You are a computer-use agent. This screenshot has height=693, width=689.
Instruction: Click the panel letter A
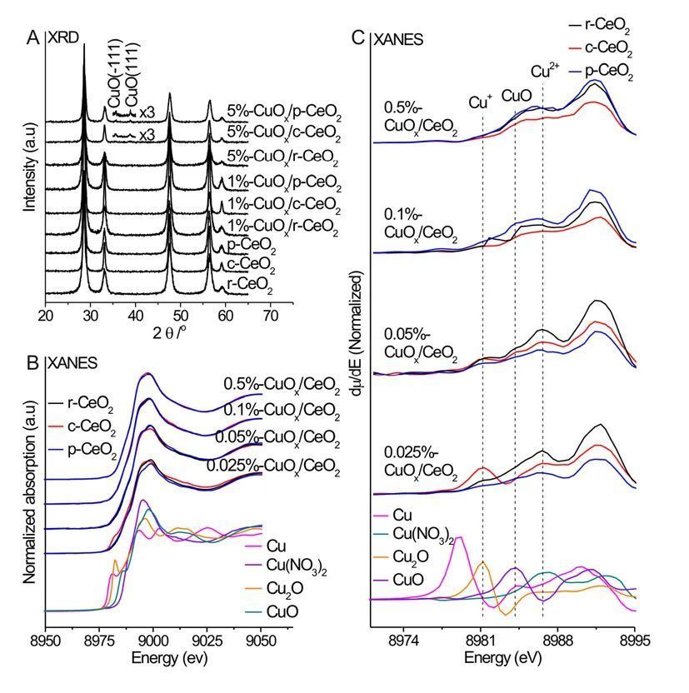pyautogui.click(x=32, y=37)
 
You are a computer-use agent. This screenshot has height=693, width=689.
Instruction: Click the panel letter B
pyautogui.click(x=32, y=362)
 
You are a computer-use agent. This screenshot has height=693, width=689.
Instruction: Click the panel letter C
pyautogui.click(x=360, y=37)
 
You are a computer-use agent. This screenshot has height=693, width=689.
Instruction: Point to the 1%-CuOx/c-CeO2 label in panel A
pyautogui.click(x=283, y=204)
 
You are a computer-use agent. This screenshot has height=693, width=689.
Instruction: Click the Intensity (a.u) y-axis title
pyautogui.click(x=30, y=157)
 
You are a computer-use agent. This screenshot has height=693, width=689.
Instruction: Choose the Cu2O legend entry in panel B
pyautogui.click(x=283, y=591)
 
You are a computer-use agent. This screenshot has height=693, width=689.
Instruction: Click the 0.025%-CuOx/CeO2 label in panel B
pyautogui.click(x=273, y=466)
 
